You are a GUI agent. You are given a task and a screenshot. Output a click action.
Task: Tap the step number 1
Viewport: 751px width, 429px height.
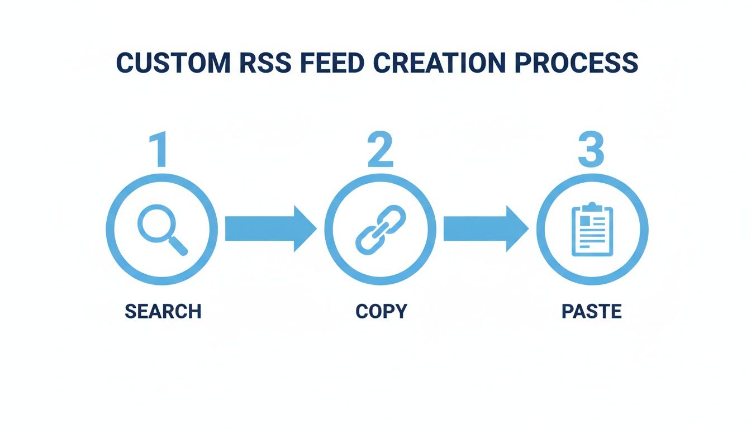click(161, 150)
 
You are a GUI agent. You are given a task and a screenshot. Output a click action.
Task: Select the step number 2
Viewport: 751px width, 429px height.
click(380, 150)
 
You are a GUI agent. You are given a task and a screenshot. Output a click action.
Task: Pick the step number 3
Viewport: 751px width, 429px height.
click(591, 150)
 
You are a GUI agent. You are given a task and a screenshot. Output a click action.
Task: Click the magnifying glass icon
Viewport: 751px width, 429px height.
click(161, 228)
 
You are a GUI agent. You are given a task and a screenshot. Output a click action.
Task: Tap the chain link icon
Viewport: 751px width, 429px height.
click(380, 228)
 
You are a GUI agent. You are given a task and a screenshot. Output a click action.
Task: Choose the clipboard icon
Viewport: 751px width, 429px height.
click(592, 230)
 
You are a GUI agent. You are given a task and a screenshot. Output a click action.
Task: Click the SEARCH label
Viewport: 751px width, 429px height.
click(163, 311)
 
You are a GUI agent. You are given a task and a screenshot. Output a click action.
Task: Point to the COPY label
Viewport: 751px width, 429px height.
click(381, 311)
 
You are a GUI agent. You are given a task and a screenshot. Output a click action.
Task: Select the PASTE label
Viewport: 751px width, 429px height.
click(591, 311)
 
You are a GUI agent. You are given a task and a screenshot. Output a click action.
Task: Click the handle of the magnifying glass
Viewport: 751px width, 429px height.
click(177, 245)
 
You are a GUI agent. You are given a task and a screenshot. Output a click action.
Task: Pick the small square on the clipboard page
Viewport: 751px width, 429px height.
click(583, 221)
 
